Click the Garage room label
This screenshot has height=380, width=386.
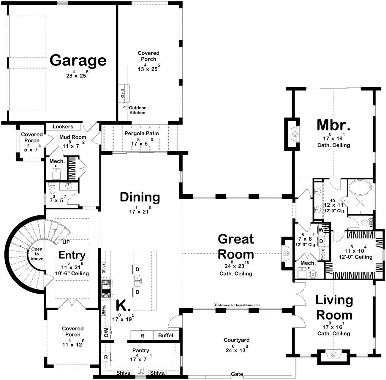[x=78, y=61]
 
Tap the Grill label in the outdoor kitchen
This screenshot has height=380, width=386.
[x=123, y=93]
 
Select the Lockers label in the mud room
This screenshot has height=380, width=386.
[x=63, y=127]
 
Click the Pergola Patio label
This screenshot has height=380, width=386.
[x=142, y=133]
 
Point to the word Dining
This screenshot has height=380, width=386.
[x=140, y=197]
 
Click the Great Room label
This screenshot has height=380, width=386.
[x=236, y=247]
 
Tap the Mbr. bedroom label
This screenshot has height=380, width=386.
[x=333, y=125]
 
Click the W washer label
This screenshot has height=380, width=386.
[x=321, y=230]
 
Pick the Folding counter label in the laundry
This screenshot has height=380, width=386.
[x=322, y=255]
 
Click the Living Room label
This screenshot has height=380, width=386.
[x=334, y=308]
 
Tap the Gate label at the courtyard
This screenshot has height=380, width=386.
[x=237, y=374]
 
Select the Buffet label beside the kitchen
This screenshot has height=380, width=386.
[x=166, y=335]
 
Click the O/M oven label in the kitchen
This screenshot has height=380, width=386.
[x=106, y=332]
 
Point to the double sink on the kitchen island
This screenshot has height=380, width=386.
[x=137, y=281]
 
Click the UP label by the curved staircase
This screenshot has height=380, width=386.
[x=66, y=242]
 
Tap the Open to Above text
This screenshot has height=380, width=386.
[x=37, y=254]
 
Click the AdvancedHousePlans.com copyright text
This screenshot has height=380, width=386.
[x=237, y=305]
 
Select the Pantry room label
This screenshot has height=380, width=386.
[x=141, y=350]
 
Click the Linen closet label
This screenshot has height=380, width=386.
[x=371, y=222]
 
